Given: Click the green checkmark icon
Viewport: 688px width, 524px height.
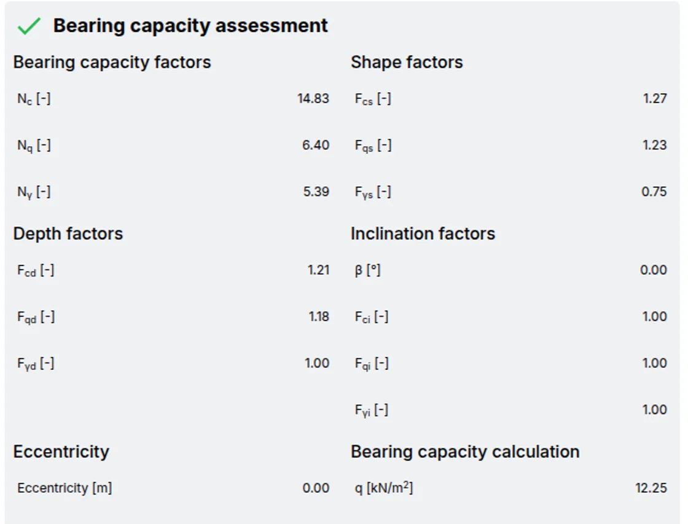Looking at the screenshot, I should pos(29,26).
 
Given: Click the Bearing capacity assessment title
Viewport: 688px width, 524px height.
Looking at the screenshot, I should pos(190,26).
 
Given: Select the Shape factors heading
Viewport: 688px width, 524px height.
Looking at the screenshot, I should pos(407,62).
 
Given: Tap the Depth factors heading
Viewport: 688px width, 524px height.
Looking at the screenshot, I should pos(68,233).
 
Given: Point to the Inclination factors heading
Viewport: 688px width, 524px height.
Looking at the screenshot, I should pos(423,233).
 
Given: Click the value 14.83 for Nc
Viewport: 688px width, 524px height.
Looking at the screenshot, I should pos(313,98).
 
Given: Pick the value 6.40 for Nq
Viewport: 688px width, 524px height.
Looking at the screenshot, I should pos(316,145).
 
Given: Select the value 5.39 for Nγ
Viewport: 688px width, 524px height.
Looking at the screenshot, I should pos(316,192).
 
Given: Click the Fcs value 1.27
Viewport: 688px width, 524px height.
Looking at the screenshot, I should pos(655,98).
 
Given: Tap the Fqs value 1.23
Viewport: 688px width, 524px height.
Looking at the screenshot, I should pos(655,145).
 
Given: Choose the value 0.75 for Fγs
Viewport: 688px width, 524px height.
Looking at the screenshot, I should pos(654,192).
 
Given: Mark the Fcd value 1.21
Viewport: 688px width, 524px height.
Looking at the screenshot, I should pos(319,270).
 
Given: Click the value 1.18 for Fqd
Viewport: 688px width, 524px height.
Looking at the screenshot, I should pos(319,316).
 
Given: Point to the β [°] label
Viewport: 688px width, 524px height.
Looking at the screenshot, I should pos(368,270).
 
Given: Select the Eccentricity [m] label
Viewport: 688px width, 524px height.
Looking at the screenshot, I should pos(64,488).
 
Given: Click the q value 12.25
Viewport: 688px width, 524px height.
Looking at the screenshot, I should pos(651,488).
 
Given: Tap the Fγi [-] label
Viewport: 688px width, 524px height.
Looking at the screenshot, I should pos(372,410).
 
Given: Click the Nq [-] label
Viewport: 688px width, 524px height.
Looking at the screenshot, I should pos(34,146).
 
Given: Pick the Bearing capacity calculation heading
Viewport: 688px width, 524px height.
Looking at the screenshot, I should pos(465,452).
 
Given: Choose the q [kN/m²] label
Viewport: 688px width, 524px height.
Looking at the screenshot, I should pos(384,488).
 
